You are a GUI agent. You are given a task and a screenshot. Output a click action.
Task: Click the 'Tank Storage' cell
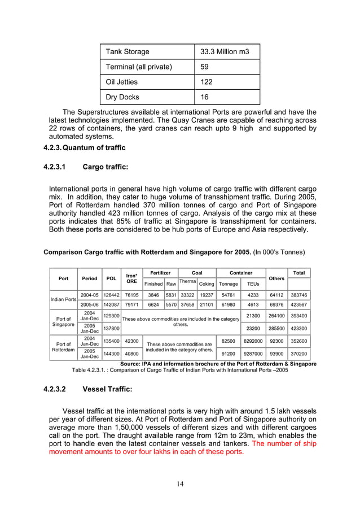(x=128, y=51)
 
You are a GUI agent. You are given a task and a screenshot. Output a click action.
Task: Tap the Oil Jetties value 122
(x=207, y=82)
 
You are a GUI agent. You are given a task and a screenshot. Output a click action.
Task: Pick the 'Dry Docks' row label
(x=122, y=97)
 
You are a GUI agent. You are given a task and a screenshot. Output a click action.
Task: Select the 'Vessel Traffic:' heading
(x=107, y=389)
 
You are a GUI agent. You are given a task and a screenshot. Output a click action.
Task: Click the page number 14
(x=180, y=483)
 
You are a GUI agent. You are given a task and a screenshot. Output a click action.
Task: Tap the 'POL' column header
(x=112, y=278)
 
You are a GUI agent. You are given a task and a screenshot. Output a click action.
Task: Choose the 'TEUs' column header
(x=253, y=284)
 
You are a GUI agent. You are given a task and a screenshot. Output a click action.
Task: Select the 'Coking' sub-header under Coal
(x=207, y=284)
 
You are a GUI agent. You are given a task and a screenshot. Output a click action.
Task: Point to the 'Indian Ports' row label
(x=63, y=299)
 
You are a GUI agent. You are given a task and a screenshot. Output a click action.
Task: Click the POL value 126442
(x=112, y=295)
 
